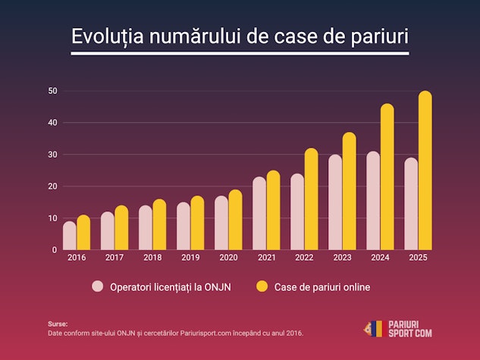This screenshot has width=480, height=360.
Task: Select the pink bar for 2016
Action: pyautogui.click(x=69, y=236)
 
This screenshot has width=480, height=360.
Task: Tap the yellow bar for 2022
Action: pyautogui.click(x=311, y=199)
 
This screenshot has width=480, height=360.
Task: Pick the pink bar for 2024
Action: pyautogui.click(x=373, y=201)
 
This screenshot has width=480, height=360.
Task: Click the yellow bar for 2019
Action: pyautogui.click(x=197, y=223)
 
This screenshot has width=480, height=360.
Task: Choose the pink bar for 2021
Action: pyautogui.click(x=259, y=214)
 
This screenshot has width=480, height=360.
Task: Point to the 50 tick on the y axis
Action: pyautogui.click(x=53, y=91)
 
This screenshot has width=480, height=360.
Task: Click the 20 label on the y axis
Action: pyautogui.click(x=53, y=186)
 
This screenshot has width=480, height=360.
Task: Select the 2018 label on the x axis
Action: pyautogui.click(x=152, y=258)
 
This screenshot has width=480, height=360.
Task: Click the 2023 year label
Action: pyautogui.click(x=342, y=258)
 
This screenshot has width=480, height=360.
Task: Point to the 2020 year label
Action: pyautogui.click(x=228, y=258)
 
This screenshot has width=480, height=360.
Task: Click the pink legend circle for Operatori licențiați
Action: pyautogui.click(x=98, y=286)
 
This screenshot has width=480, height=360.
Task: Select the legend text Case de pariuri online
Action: pyautogui.click(x=322, y=287)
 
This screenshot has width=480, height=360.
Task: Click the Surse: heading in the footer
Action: pyautogui.click(x=58, y=324)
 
